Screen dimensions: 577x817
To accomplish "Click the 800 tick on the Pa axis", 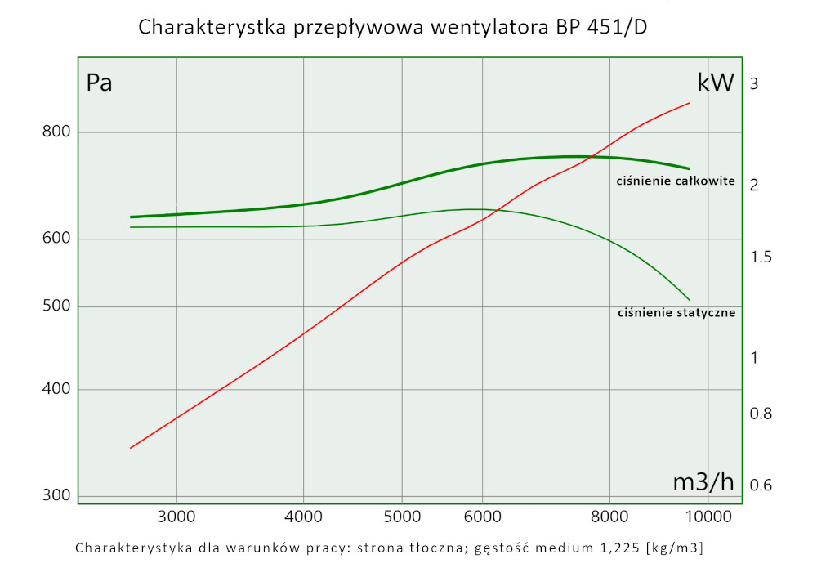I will point(57,132).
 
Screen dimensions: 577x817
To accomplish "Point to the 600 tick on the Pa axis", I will point(57,239).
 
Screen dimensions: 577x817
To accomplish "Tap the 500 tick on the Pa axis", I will point(57,306).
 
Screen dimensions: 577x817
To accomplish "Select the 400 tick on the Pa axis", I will point(57,390).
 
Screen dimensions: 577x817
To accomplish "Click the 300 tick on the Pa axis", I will point(57,495).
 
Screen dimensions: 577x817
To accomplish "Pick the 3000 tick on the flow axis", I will point(176,516).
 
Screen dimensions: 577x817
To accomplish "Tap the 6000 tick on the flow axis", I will point(482,516).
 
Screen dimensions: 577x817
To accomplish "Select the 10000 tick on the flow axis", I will point(707,516).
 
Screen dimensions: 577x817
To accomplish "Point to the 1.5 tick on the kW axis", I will point(761,257).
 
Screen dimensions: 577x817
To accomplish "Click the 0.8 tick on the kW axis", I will point(761,414).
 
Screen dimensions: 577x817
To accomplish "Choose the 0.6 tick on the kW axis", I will point(761,485).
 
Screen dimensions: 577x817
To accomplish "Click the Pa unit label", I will point(99,83).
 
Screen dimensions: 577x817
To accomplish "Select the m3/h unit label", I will point(703,482).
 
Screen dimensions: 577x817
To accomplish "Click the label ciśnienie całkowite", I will point(676,181).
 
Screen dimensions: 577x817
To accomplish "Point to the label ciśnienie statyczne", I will point(677,312).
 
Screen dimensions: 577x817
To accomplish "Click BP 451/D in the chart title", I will point(603,27).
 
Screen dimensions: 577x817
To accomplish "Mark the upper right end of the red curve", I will point(690,103).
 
